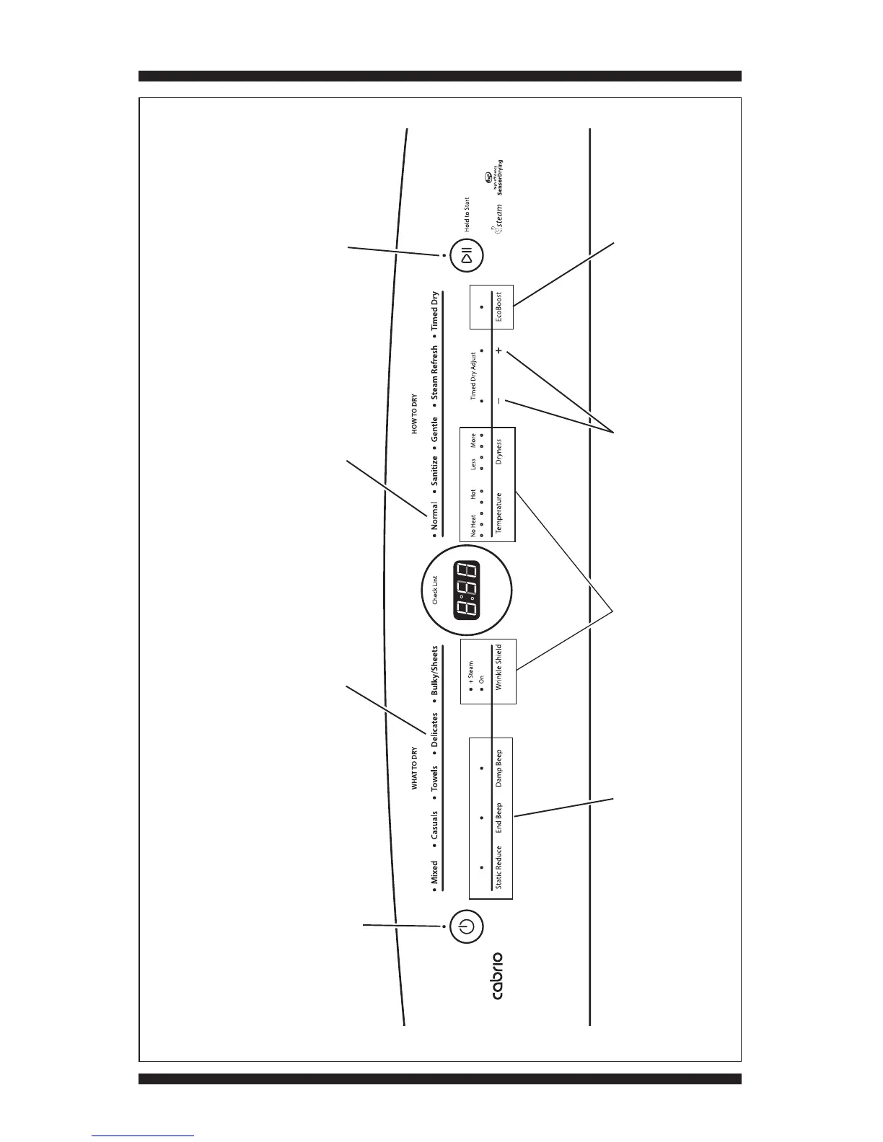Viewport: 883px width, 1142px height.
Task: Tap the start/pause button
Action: coord(467,256)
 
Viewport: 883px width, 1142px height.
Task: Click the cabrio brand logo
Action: coord(496,975)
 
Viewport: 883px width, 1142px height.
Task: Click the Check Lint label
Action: coord(435,589)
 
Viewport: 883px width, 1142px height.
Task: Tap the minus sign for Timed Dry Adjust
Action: coord(498,400)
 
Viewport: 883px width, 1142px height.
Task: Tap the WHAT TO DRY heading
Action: coord(415,768)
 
